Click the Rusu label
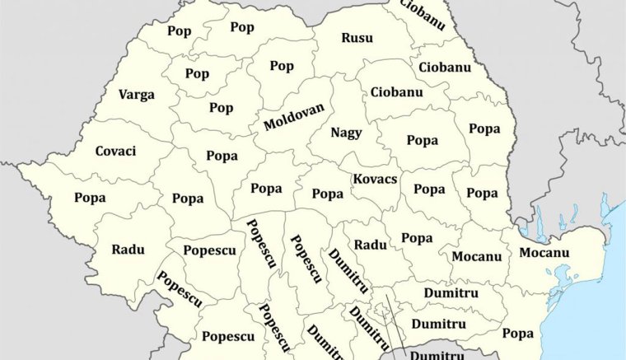357,38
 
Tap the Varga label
136,95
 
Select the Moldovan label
294,117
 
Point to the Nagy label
346,133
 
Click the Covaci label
115,152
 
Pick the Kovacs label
375,179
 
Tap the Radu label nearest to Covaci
128,250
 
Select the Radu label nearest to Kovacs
370,245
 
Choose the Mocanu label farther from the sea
476,256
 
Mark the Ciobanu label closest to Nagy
396,91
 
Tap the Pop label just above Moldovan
282,66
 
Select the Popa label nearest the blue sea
517,333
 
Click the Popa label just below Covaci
90,198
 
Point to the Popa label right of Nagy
422,140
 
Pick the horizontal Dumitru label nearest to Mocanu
451,292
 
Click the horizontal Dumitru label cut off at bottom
437,355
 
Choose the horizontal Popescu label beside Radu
209,250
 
